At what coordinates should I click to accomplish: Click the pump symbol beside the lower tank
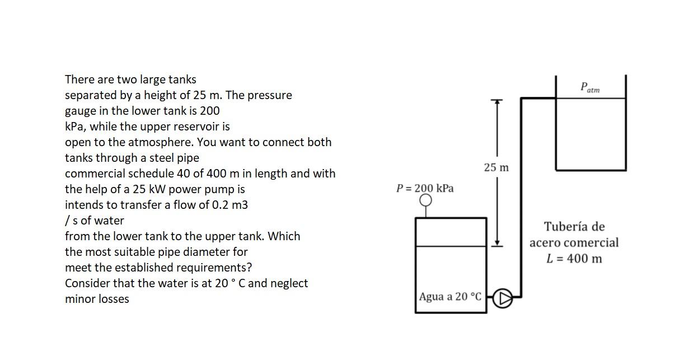(x=503, y=298)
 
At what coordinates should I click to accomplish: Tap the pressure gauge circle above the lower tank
(x=426, y=200)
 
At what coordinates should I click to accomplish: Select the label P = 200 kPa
(x=425, y=188)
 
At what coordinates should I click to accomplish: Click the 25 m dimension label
(x=496, y=167)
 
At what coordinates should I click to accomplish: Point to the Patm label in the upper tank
(x=590, y=87)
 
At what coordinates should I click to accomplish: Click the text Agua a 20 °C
(x=450, y=296)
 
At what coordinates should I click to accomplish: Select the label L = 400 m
(x=574, y=258)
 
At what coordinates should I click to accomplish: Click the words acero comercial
(x=574, y=242)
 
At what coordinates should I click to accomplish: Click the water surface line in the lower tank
(x=450, y=246)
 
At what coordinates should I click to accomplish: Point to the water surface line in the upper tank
(x=590, y=99)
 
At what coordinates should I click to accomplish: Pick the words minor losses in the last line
(x=97, y=299)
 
